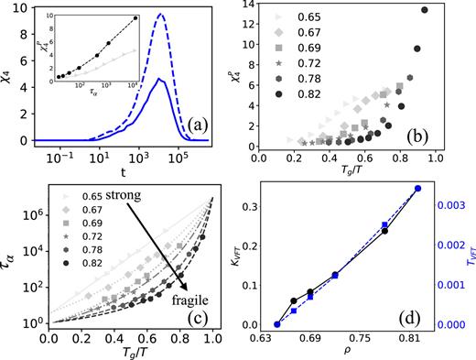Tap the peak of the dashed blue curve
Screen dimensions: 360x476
(x=160, y=15)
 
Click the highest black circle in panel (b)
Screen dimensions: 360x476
(x=424, y=10)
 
